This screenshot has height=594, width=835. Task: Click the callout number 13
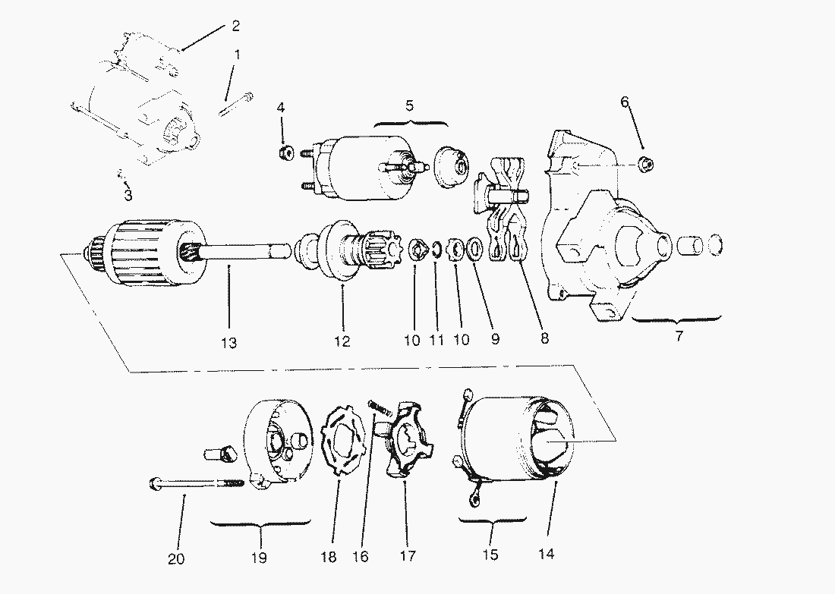point(229,344)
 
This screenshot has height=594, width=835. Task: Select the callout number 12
point(342,341)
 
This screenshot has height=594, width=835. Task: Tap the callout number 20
point(176,559)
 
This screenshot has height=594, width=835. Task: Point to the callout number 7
point(679,336)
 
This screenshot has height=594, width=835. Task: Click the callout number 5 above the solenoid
point(409,105)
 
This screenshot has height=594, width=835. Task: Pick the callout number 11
point(436,340)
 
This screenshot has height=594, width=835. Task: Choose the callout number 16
point(361,556)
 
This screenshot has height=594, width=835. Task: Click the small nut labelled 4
point(287,153)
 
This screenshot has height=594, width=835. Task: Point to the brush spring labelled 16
point(379,408)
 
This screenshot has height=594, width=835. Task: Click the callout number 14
point(547,554)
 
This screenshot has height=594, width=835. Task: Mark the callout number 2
point(235,26)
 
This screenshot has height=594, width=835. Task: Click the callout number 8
point(544,338)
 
